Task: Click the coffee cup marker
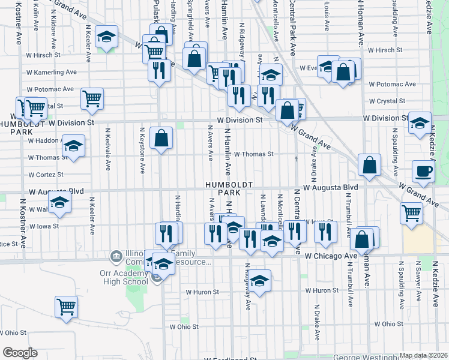click(x=424, y=172)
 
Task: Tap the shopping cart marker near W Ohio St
click(x=66, y=307)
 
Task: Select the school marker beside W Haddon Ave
click(x=73, y=146)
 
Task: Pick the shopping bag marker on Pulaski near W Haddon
click(x=161, y=139)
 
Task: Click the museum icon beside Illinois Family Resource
click(x=115, y=257)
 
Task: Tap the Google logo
click(x=20, y=353)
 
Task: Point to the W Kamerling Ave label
click(x=51, y=71)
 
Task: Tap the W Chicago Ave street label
click(x=331, y=256)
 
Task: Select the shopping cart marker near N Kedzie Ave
click(x=412, y=213)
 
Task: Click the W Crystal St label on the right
click(x=387, y=101)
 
